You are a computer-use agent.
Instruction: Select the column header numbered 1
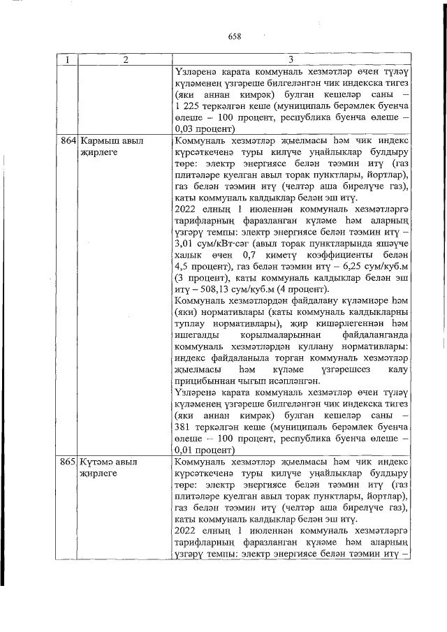pyautogui.click(x=68, y=60)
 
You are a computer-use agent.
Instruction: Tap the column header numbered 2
pyautogui.click(x=124, y=60)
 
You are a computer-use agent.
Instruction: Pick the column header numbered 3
pyautogui.click(x=290, y=60)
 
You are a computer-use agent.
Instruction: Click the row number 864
pyautogui.click(x=68, y=141)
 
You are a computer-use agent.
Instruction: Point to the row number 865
pyautogui.click(x=68, y=463)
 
